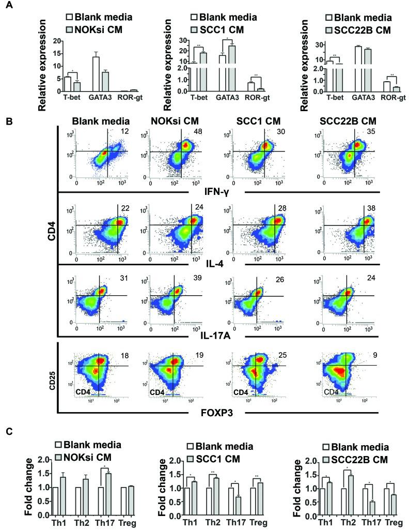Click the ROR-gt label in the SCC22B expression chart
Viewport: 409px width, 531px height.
(x=384, y=97)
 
